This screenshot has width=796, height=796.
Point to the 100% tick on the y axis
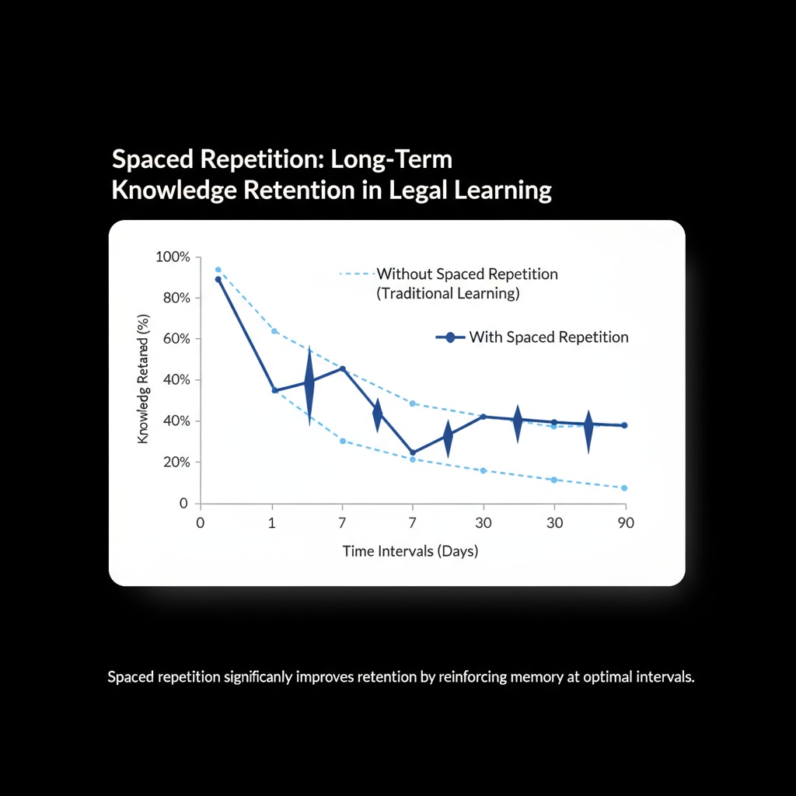pos(172,257)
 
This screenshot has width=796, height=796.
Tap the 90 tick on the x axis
pos(625,523)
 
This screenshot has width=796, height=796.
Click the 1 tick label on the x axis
pos(271,523)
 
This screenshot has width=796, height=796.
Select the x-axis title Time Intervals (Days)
pos(410,552)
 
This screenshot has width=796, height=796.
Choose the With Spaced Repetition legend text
pos(549,337)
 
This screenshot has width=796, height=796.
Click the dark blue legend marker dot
pos(450,337)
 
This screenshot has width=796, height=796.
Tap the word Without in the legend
pos(404,274)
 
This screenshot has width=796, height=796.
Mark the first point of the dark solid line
pos(218,279)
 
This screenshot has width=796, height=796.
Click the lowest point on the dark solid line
pos(412,452)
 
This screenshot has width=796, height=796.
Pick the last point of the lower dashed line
pos(624,488)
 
